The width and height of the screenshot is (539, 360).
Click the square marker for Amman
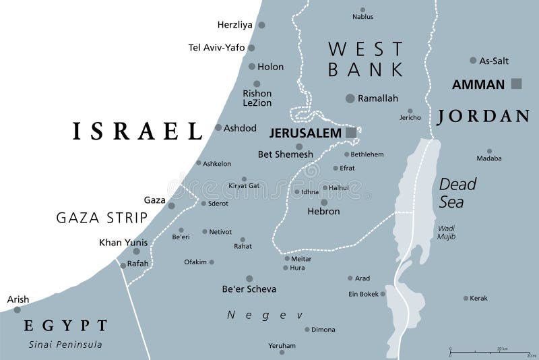(x=517, y=84)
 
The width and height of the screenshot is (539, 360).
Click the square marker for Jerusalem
(x=351, y=133)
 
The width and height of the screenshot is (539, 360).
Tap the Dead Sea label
(x=457, y=192)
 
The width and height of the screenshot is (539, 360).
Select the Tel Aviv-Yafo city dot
(x=251, y=48)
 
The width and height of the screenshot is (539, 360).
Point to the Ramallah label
(x=377, y=98)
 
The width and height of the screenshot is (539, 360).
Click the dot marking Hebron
(x=324, y=202)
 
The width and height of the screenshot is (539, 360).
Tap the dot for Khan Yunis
(x=136, y=251)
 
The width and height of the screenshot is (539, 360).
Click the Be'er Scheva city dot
(x=249, y=278)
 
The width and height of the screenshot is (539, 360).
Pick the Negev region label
(x=265, y=315)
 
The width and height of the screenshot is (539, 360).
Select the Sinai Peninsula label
(x=65, y=344)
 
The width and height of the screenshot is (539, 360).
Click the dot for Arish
(x=18, y=309)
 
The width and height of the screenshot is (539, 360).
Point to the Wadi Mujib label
(x=445, y=233)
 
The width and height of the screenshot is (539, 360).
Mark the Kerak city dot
(x=466, y=298)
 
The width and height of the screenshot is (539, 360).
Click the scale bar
(x=493, y=352)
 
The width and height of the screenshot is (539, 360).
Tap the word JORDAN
(x=483, y=117)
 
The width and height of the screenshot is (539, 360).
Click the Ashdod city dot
(x=218, y=127)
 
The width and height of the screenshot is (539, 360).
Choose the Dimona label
(x=323, y=330)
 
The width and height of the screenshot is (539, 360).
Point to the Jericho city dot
(x=410, y=111)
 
